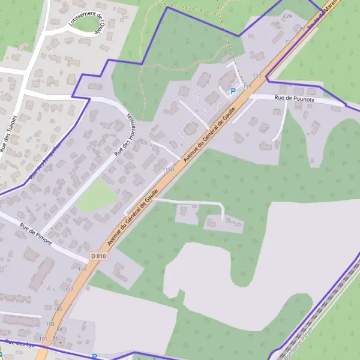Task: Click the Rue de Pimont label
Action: click(35, 236)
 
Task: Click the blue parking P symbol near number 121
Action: click(233, 91)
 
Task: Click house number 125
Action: click(290, 41)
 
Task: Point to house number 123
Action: click(257, 76)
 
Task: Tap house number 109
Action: click(82, 269)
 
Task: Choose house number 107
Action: click(68, 289)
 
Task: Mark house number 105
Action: click(58, 309)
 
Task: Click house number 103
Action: click(50, 323)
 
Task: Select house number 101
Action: click(43, 339)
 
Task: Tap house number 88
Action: click(59, 329)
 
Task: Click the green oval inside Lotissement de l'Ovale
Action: click(88, 23)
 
